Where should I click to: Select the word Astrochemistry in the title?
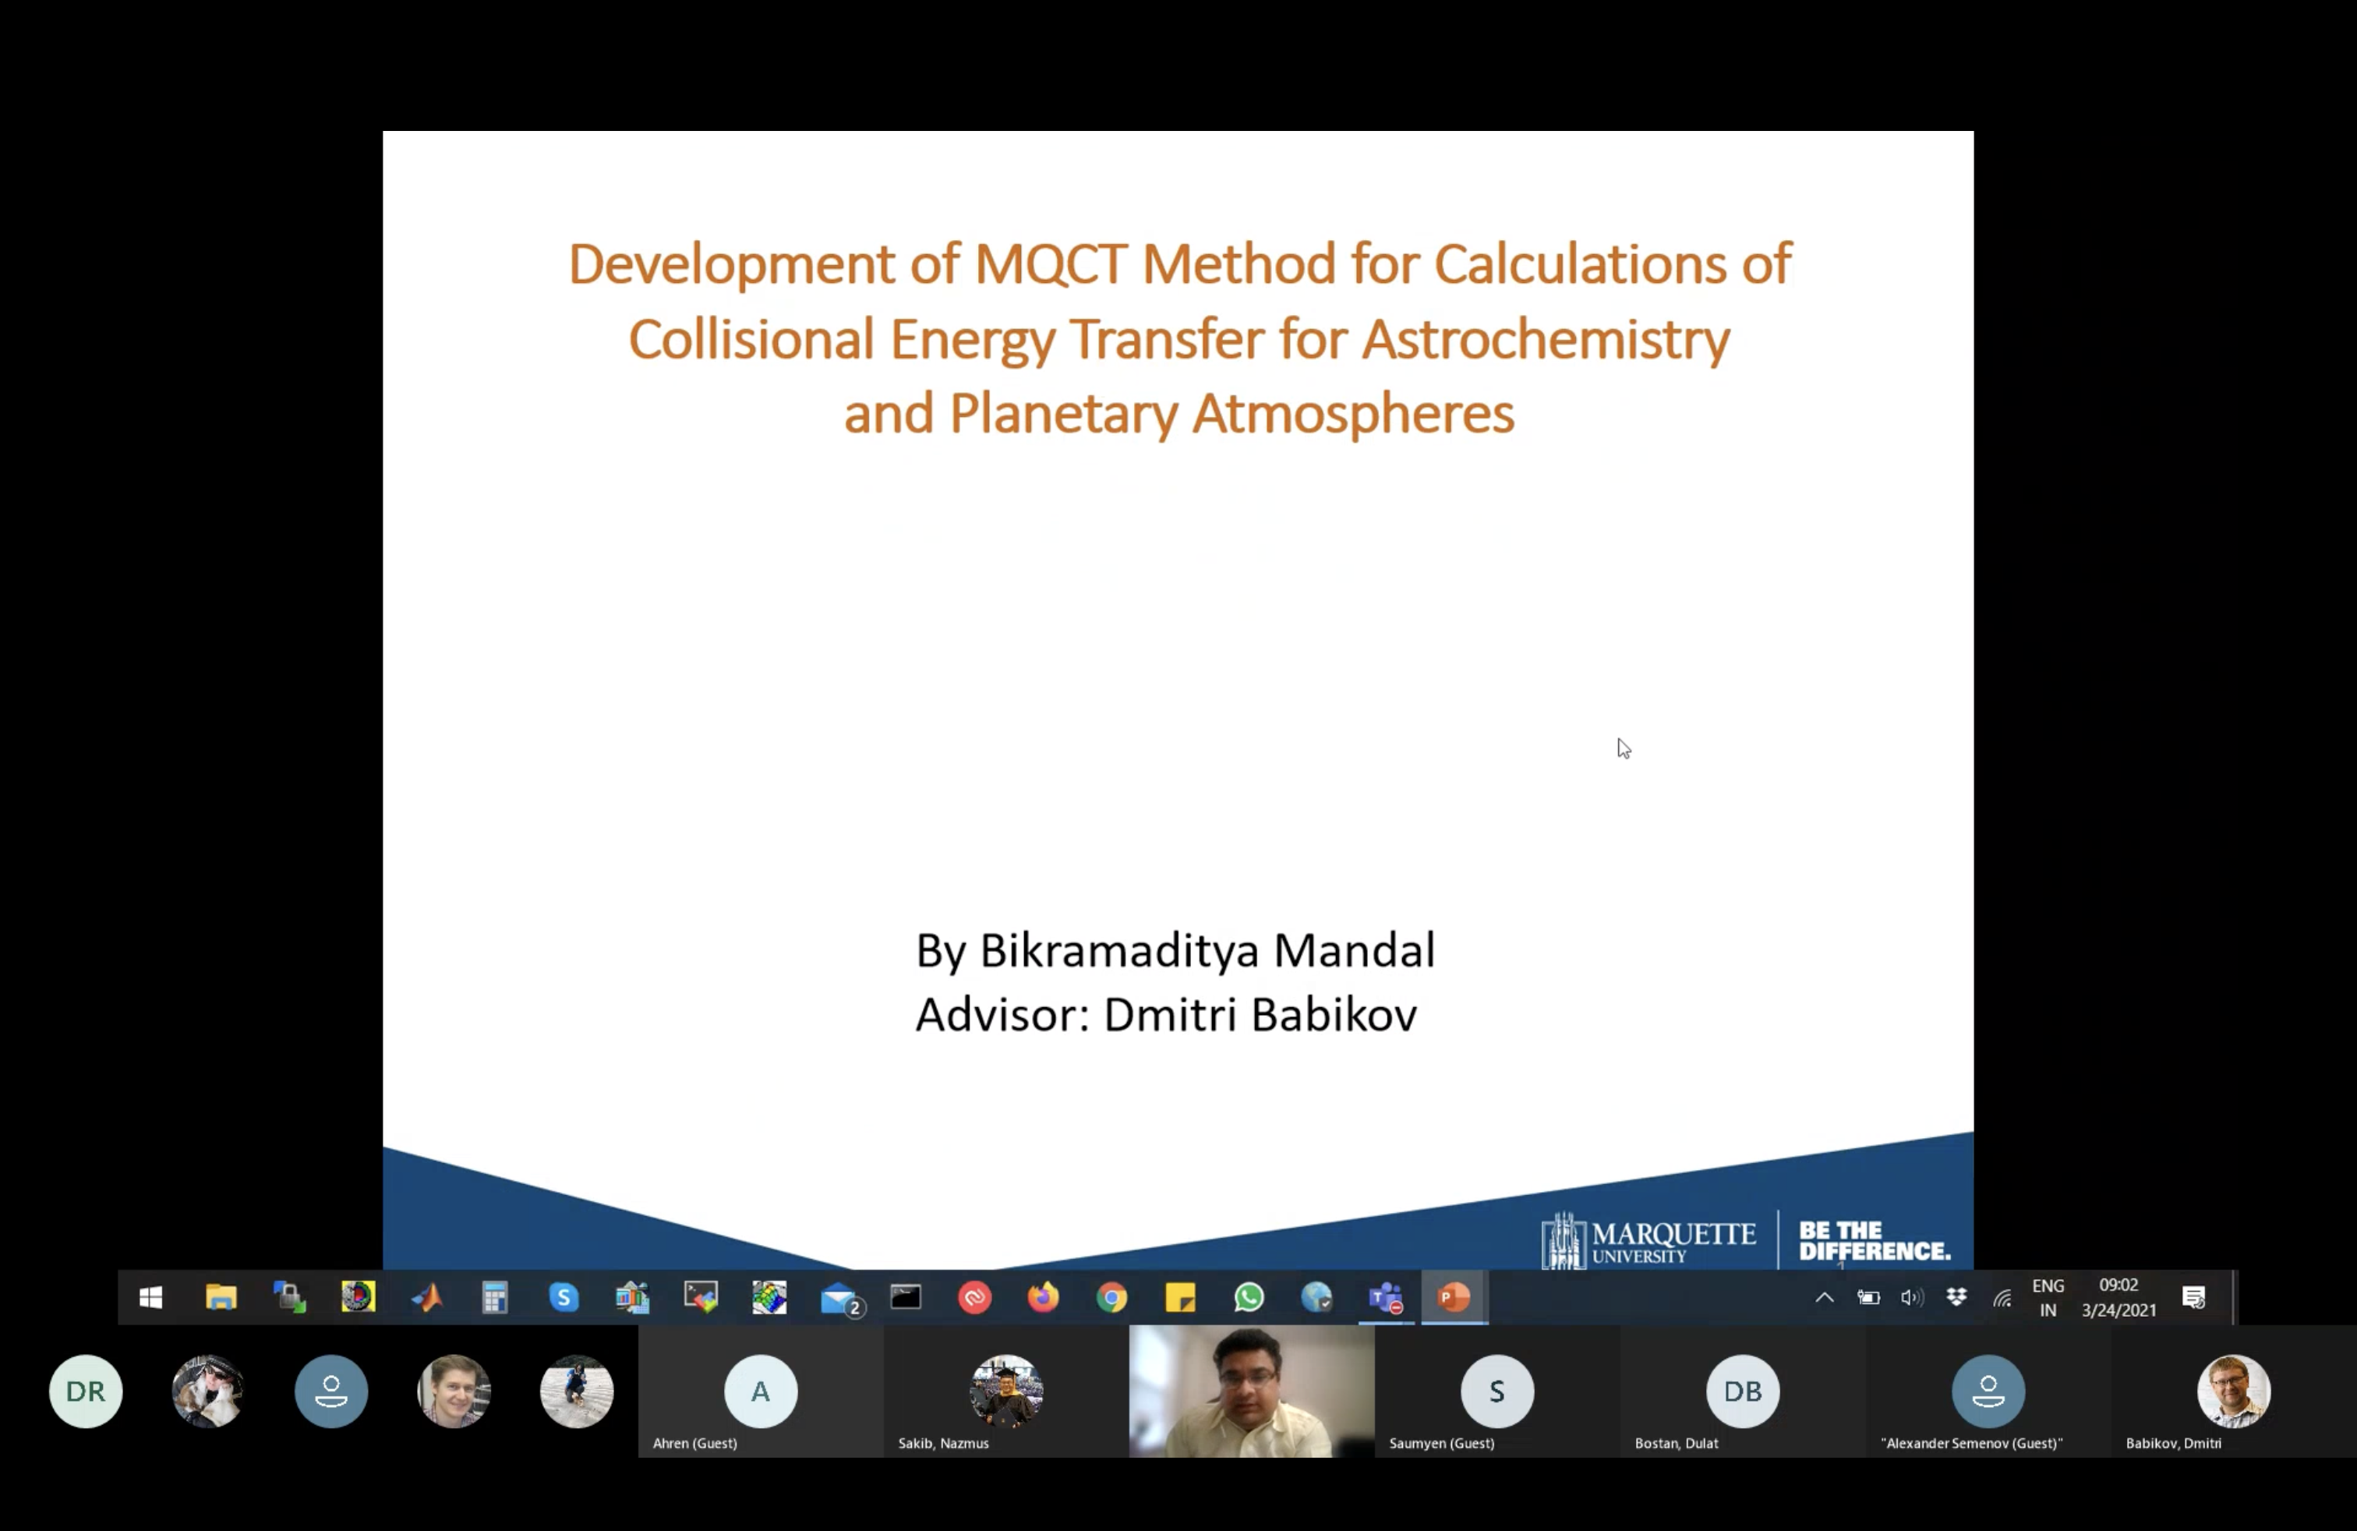point(1545,340)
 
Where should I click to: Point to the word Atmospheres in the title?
point(1353,414)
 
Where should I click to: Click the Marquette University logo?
point(1648,1240)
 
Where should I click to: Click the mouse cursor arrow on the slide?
point(1623,748)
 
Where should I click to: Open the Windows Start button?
point(150,1297)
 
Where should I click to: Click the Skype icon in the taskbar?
point(564,1297)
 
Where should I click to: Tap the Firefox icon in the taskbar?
point(1043,1297)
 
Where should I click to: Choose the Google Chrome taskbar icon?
point(1112,1297)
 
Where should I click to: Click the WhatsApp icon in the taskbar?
point(1249,1297)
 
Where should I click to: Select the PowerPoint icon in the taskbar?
point(1454,1297)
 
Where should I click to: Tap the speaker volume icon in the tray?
point(1911,1297)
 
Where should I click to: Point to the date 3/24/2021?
point(2118,1310)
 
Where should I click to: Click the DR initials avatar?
point(85,1391)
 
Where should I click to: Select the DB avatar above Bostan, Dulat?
point(1742,1391)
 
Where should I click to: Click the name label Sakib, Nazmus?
point(943,1443)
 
